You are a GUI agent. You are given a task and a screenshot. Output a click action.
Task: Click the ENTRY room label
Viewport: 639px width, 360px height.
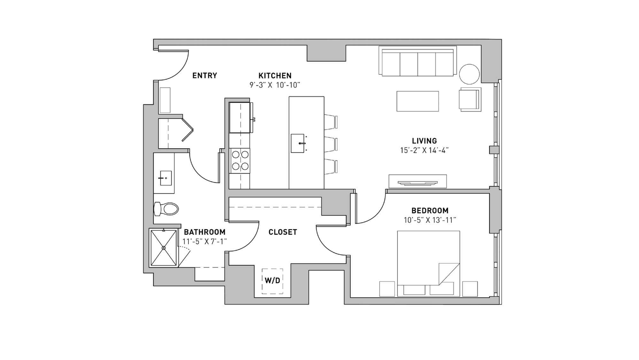(204, 75)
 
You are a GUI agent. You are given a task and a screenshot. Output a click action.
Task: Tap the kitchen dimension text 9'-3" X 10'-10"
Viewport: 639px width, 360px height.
(275, 85)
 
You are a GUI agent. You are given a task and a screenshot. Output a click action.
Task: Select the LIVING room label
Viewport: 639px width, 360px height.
(424, 141)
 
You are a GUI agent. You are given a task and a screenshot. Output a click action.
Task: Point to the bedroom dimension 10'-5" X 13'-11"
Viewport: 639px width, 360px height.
(430, 220)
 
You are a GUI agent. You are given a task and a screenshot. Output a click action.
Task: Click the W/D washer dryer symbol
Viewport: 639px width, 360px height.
(272, 281)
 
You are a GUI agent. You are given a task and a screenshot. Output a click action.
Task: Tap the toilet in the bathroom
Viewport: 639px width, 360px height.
(166, 209)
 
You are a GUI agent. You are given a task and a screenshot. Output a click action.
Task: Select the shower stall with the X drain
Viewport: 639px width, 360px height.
(164, 248)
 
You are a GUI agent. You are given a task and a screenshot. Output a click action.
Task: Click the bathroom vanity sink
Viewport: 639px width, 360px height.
(166, 178)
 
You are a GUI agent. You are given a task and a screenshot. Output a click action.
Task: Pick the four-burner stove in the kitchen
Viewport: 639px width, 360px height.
(240, 160)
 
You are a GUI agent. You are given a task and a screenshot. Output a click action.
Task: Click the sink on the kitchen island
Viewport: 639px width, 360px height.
(297, 143)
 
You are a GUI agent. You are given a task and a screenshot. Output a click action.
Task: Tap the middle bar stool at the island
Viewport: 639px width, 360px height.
(331, 144)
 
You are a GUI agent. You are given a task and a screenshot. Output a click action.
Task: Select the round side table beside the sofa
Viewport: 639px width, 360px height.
(469, 74)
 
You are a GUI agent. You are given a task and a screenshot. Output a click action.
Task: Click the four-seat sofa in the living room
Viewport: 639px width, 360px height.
(418, 61)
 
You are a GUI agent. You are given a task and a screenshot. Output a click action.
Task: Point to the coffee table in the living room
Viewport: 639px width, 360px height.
(418, 101)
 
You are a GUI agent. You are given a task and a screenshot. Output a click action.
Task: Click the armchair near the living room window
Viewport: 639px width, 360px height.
(470, 99)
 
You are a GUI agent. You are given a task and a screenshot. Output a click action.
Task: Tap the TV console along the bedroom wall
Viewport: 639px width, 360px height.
(418, 181)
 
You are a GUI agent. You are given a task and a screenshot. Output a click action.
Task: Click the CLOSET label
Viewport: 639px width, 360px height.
(282, 232)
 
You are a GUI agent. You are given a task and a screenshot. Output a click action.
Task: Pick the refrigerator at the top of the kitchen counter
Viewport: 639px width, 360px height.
(240, 117)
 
